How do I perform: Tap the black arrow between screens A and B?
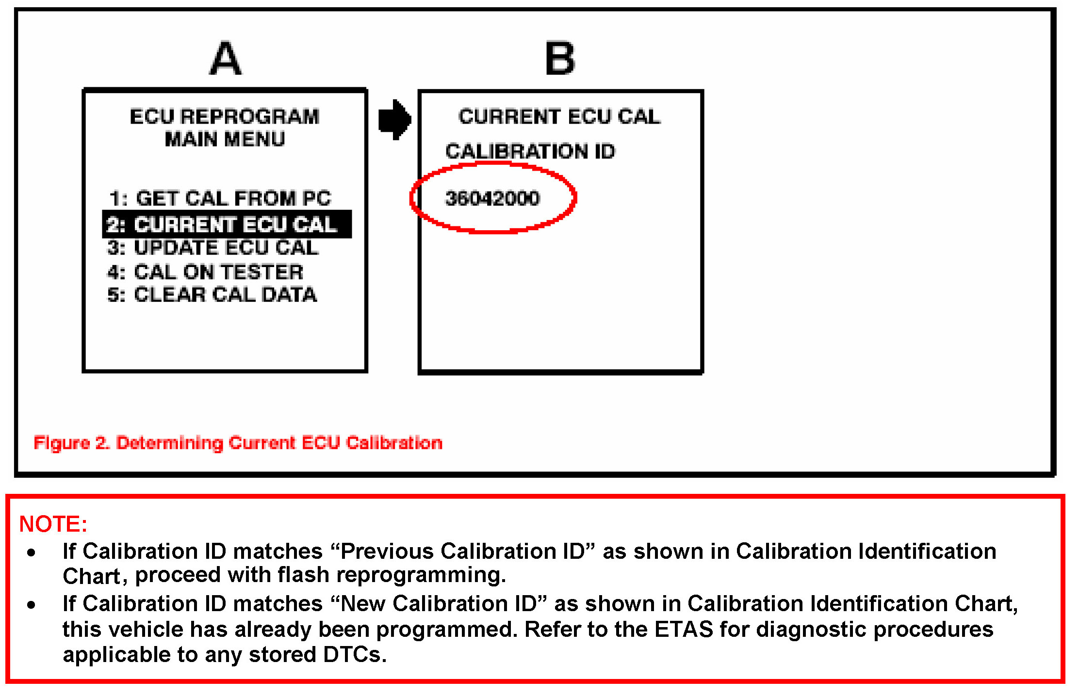point(394,120)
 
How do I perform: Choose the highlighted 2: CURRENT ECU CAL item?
point(227,224)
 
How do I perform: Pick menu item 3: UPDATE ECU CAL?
point(213,248)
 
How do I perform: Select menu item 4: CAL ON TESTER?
point(205,272)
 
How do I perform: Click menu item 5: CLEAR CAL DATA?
point(212,295)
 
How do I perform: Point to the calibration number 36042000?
point(492,198)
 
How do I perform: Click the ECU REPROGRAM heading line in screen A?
point(225,117)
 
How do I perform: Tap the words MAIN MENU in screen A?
point(225,140)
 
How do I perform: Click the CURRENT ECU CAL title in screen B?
point(559,117)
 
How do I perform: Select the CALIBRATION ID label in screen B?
point(530,152)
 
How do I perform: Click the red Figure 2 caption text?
point(238,443)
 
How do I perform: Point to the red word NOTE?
point(53,524)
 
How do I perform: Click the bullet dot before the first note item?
point(32,552)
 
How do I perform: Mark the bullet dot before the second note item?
point(32,604)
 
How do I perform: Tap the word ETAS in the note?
point(684,630)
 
